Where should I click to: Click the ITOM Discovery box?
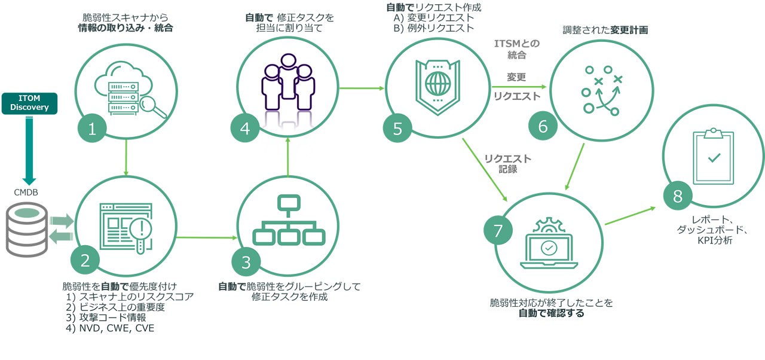tap(29, 103)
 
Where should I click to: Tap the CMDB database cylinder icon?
tap(27, 228)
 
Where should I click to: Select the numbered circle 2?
tap(85, 260)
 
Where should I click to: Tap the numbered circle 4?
tap(245, 128)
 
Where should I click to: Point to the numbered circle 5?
tap(398, 129)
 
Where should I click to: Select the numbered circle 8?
tap(678, 197)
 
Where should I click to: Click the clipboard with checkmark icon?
tap(713, 156)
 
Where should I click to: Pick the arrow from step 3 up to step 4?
tap(288, 157)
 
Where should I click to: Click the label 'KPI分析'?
tap(714, 240)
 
